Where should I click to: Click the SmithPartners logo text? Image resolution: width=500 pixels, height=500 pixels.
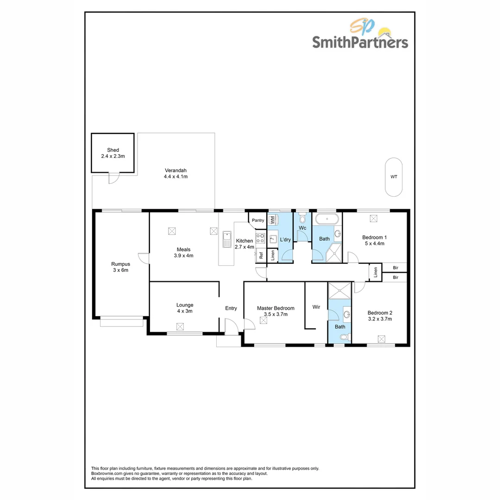tap(360, 43)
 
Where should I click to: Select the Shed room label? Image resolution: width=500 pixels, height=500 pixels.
tap(113, 150)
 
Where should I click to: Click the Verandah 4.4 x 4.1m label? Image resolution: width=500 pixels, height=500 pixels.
tap(175, 173)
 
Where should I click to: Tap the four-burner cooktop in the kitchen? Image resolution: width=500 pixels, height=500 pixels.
tap(260, 239)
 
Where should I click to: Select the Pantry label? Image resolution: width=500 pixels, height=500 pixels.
tap(258, 220)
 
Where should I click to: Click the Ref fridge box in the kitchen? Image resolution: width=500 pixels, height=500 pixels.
tap(261, 255)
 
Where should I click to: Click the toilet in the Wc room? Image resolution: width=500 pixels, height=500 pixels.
tap(303, 219)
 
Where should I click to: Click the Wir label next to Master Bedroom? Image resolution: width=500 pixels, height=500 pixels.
tap(317, 307)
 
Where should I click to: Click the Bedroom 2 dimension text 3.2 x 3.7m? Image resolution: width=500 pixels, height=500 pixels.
tap(380, 319)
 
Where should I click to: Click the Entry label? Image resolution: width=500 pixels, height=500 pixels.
tap(231, 308)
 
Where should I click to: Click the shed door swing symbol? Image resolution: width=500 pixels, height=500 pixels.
tap(113, 178)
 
